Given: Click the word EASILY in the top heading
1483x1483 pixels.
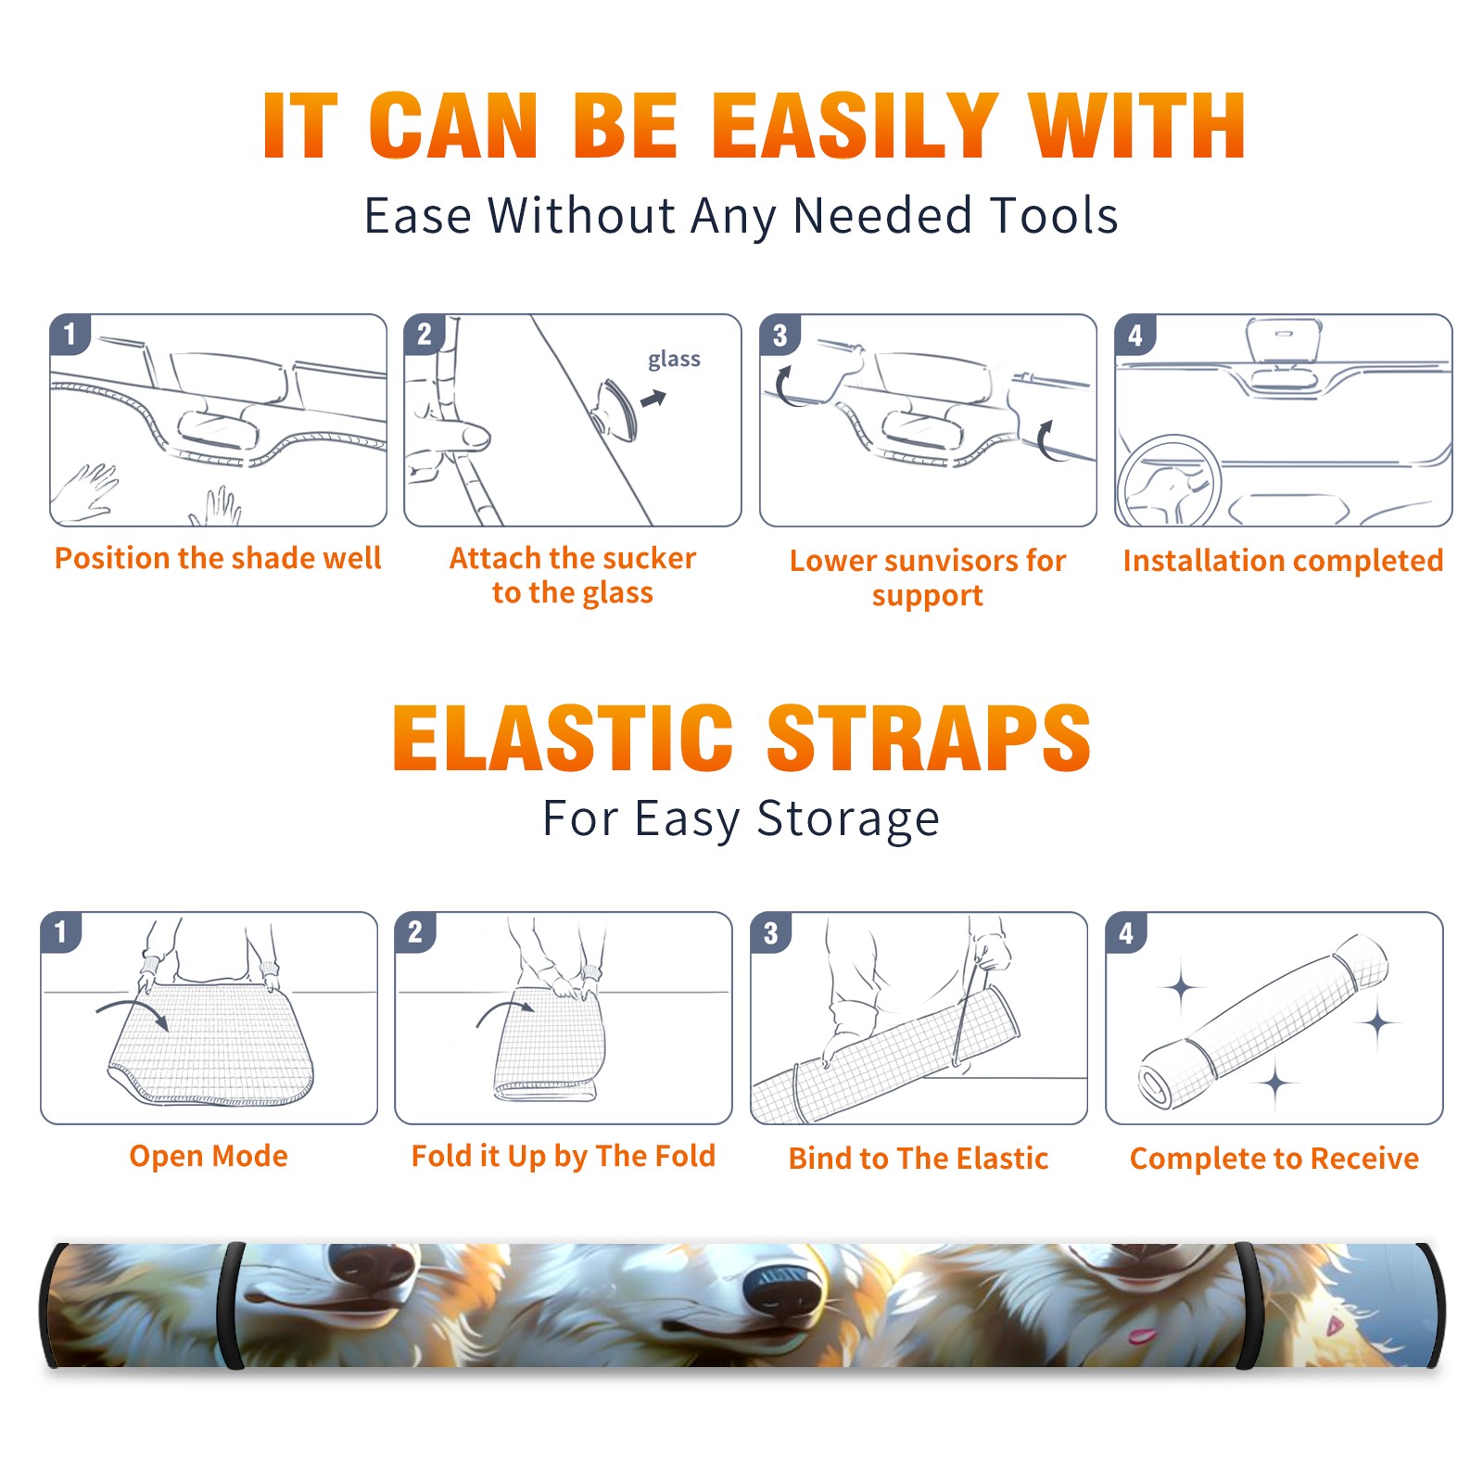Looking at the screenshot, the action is [x=854, y=125].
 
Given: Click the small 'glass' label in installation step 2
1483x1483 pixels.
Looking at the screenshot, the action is [x=674, y=360].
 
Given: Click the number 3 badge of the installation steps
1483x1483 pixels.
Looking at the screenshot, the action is [x=780, y=335].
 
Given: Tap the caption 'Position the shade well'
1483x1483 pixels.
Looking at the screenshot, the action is [x=218, y=558].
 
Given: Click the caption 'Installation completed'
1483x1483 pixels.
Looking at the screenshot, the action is [x=1283, y=560].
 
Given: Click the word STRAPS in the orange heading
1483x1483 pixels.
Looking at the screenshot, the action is [x=929, y=737].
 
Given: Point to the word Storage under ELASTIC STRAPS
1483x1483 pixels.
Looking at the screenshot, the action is [x=848, y=819].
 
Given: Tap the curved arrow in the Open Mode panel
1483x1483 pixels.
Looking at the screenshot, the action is [x=133, y=1011].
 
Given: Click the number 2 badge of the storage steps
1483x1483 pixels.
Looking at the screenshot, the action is [x=415, y=932].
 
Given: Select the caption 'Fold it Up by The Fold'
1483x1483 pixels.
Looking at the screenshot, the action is [x=564, y=1156].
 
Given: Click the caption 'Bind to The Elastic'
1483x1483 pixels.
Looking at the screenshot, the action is [x=919, y=1159].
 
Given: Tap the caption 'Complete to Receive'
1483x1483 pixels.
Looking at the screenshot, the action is [x=1274, y=1159].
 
